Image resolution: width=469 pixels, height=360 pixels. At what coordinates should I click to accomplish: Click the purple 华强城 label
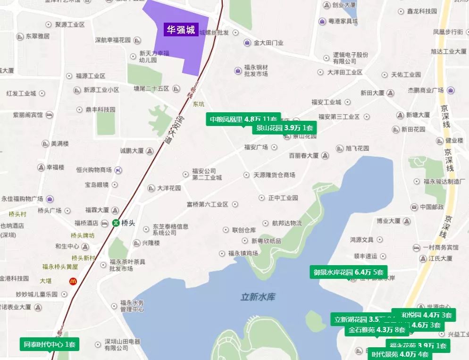point(180,30)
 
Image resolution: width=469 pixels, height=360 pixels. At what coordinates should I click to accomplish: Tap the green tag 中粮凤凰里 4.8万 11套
point(243,119)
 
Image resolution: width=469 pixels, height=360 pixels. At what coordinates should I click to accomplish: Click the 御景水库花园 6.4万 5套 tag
point(349,272)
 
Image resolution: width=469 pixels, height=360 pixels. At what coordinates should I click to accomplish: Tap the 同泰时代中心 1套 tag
point(50,344)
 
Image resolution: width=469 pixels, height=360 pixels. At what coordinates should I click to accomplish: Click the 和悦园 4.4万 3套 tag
point(427,315)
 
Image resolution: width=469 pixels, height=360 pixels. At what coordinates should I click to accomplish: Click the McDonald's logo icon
point(73,281)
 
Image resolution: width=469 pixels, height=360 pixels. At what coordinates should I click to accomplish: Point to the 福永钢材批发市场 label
point(256,71)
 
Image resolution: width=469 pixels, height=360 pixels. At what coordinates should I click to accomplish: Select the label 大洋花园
point(168,188)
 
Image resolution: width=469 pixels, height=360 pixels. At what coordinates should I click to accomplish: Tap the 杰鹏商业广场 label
point(425,90)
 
